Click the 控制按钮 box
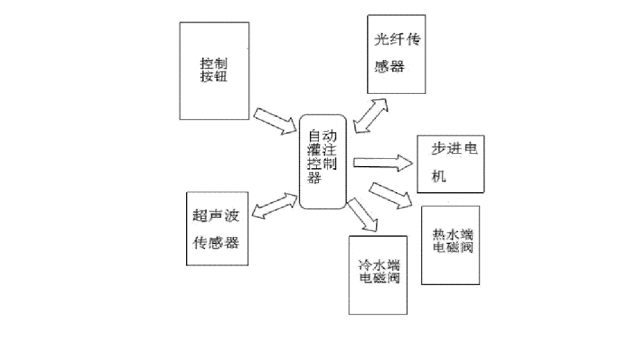click(214, 71)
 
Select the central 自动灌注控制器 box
click(323, 162)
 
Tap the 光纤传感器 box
click(396, 54)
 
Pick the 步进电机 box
click(451, 164)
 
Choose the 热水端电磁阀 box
click(451, 246)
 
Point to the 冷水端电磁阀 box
click(378, 275)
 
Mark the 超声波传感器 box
click(217, 228)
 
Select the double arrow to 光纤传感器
click(371, 116)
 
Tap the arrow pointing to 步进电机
click(383, 163)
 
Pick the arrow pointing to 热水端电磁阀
click(391, 196)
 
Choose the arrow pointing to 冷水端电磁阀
click(362, 214)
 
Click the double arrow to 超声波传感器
click(274, 206)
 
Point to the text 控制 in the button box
click(213, 64)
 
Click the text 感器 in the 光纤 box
click(389, 66)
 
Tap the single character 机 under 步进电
click(439, 176)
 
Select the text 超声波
click(216, 216)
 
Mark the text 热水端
click(453, 234)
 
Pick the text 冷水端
click(379, 266)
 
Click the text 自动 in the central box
click(322, 136)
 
